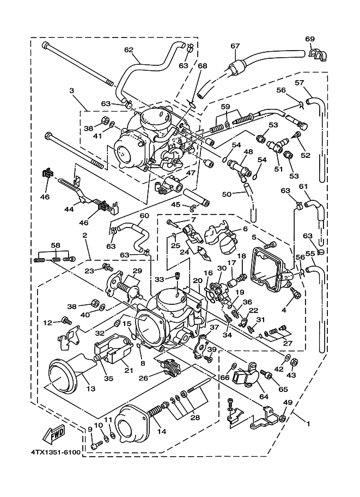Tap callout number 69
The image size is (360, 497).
pyautogui.click(x=310, y=39)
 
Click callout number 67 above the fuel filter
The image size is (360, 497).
pyautogui.click(x=235, y=46)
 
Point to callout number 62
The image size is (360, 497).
pyautogui.click(x=129, y=50)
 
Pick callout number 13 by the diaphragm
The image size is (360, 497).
pyautogui.click(x=90, y=389)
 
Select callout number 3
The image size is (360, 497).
pyautogui.click(x=71, y=90)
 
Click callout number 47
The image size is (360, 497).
pyautogui.click(x=190, y=173)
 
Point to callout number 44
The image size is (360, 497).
pyautogui.click(x=69, y=209)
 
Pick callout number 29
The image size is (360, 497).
pyautogui.click(x=137, y=271)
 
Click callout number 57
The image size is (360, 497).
pyautogui.click(x=314, y=83)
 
